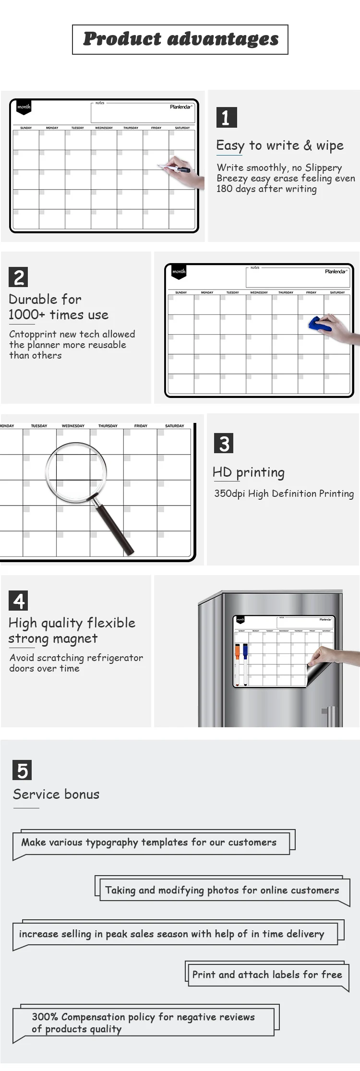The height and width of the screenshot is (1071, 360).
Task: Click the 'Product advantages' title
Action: [x=180, y=39]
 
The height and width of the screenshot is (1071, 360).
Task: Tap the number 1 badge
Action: [x=226, y=117]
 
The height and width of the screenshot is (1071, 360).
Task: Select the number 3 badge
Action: [x=224, y=443]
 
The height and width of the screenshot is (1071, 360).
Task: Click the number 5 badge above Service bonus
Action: [x=22, y=770]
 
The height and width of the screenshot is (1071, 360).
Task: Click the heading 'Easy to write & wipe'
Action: [x=280, y=145]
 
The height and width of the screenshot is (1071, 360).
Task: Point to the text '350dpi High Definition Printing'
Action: [x=284, y=493]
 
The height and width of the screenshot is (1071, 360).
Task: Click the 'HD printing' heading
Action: [x=249, y=472]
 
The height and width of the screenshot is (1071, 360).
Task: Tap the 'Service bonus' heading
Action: [x=56, y=794]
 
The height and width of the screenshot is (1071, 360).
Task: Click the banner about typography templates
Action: [x=149, y=842]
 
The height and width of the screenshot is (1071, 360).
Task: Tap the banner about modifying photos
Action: [x=222, y=890]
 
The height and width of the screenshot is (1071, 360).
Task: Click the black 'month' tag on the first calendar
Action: [x=24, y=107]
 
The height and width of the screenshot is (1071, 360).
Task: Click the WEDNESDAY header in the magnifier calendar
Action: [x=73, y=426]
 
